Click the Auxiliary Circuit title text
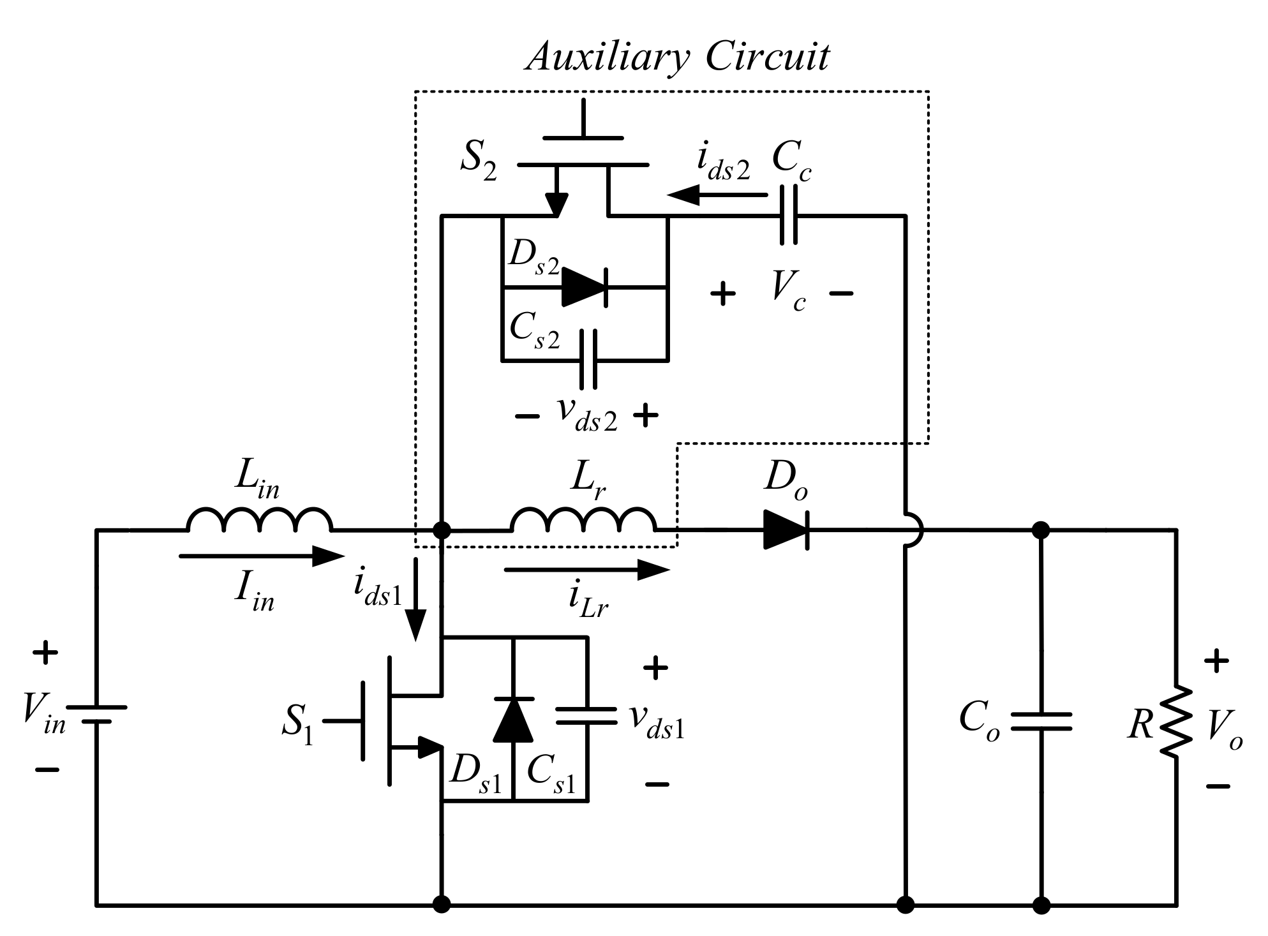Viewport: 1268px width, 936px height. (x=677, y=57)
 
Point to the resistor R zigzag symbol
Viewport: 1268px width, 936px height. (x=1176, y=721)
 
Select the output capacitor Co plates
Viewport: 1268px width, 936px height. (x=1041, y=721)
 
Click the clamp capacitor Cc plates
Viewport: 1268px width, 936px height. (x=789, y=217)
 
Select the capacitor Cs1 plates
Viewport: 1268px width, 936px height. (x=586, y=716)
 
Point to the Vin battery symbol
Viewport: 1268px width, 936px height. (x=96, y=715)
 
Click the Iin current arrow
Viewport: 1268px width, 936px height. (x=262, y=556)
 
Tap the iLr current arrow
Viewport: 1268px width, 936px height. (x=586, y=570)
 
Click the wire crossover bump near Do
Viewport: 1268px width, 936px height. (x=914, y=530)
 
